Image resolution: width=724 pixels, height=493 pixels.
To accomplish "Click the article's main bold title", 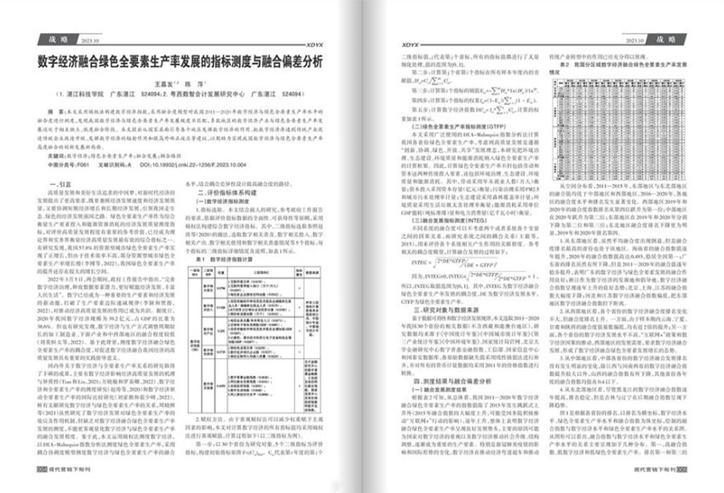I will [180, 62].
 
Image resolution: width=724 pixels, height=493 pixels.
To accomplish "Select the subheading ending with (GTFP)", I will [452, 137].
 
